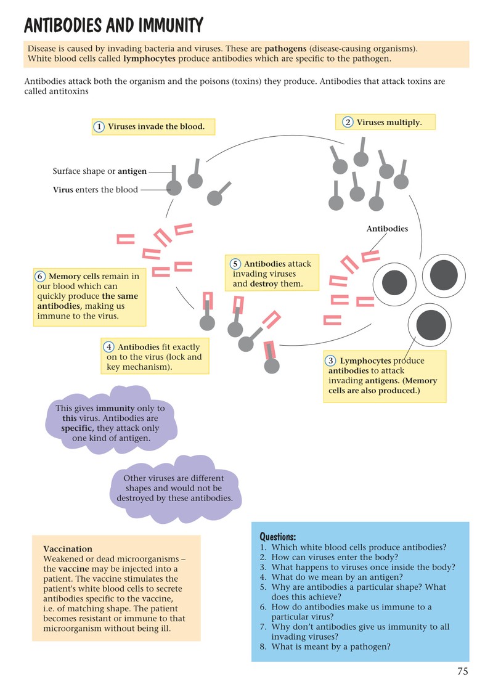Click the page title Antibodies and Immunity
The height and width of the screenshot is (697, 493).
click(x=114, y=25)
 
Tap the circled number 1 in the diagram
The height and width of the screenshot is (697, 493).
click(x=99, y=127)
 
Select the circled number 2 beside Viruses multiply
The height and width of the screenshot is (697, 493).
click(x=348, y=122)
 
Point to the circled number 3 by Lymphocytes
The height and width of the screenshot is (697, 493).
click(x=330, y=361)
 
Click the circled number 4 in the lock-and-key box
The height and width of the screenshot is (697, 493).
click(x=108, y=347)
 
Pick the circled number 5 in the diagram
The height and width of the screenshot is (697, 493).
click(x=235, y=264)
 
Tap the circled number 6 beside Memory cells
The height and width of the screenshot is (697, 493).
click(x=40, y=276)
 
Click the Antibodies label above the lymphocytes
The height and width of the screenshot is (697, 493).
click(x=387, y=229)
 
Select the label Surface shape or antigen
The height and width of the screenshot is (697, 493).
click(x=100, y=171)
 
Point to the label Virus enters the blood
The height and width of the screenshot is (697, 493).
click(x=95, y=189)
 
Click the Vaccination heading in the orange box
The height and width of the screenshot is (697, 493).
click(x=68, y=548)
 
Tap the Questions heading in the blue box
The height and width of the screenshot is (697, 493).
click(x=278, y=537)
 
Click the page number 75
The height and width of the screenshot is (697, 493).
click(x=463, y=671)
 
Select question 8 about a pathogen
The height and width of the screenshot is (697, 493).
click(x=325, y=646)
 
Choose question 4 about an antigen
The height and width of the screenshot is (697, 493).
click(x=331, y=577)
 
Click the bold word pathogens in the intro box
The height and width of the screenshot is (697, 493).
click(x=285, y=49)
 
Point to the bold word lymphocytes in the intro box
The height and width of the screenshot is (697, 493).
click(x=149, y=59)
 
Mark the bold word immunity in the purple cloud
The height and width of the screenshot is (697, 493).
click(x=115, y=408)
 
